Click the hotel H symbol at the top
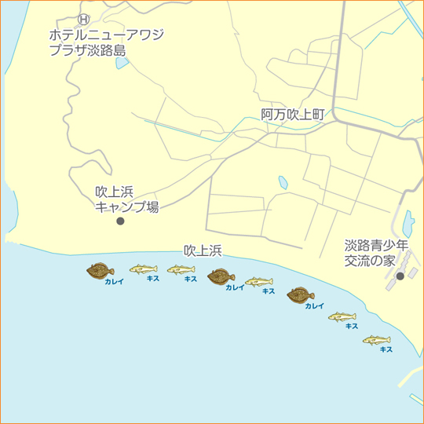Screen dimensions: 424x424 point(86,19)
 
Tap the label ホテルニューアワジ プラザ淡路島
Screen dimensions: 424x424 point(106,42)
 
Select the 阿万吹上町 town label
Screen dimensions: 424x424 point(292,115)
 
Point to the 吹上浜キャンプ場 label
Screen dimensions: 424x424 point(126,199)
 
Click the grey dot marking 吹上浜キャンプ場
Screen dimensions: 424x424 point(120,221)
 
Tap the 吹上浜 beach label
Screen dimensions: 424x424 point(203,251)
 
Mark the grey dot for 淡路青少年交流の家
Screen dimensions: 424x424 point(400,276)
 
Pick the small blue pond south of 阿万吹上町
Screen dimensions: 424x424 point(283,183)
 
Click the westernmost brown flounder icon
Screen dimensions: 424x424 point(101,271)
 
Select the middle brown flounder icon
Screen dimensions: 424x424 point(221,277)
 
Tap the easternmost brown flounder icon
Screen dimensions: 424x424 point(300,295)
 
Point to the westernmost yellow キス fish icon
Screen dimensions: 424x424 point(143,269)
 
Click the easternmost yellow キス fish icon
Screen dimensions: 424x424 point(377,340)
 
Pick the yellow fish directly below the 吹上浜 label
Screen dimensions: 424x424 point(181,270)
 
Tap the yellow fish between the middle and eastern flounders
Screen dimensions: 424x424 point(258,282)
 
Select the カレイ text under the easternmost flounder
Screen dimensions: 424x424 point(314,306)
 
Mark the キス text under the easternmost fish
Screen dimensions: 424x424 point(386,349)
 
